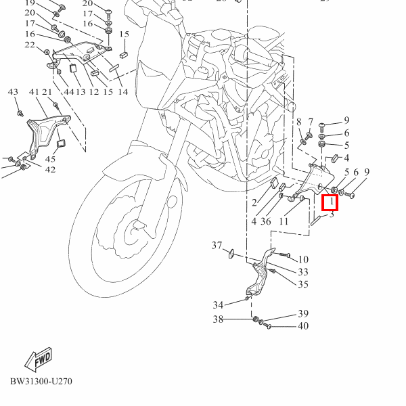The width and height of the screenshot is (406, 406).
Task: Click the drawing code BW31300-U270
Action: (41, 381)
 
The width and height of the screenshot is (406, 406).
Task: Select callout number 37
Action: (217, 245)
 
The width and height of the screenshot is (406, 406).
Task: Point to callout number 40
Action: (302, 326)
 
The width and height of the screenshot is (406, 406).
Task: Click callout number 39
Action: (302, 314)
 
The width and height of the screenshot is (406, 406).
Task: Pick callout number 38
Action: (218, 319)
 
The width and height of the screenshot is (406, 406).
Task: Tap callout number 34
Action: (218, 304)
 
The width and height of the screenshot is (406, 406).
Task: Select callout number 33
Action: (302, 272)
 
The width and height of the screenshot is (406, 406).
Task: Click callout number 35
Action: (302, 284)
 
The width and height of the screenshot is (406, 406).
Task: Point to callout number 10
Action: (302, 259)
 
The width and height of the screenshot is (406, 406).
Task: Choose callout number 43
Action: (13, 92)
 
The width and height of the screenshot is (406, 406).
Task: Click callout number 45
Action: (50, 159)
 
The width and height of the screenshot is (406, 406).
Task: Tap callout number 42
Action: (50, 169)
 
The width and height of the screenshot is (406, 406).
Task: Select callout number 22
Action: (30, 45)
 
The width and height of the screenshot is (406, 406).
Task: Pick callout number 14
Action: (122, 92)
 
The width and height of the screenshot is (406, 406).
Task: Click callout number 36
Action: (266, 221)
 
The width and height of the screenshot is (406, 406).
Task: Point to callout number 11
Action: (284, 221)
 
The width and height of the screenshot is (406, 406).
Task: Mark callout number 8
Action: (298, 122)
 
